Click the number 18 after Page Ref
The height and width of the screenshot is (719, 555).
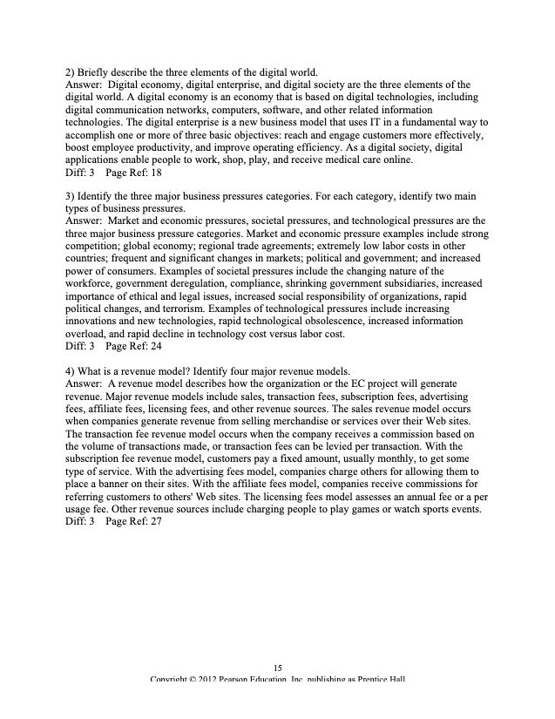click(x=157, y=173)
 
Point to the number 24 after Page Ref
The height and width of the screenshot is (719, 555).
click(x=157, y=346)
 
